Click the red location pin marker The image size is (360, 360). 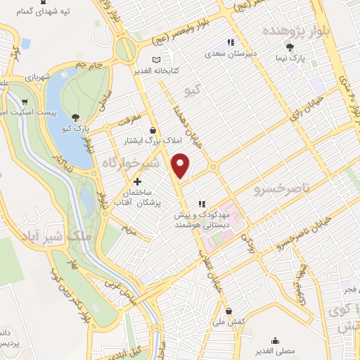coord(181,165)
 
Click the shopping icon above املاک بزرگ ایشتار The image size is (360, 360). coord(153,129)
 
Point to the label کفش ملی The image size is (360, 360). coord(229,321)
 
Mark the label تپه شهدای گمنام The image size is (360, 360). coord(39,12)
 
